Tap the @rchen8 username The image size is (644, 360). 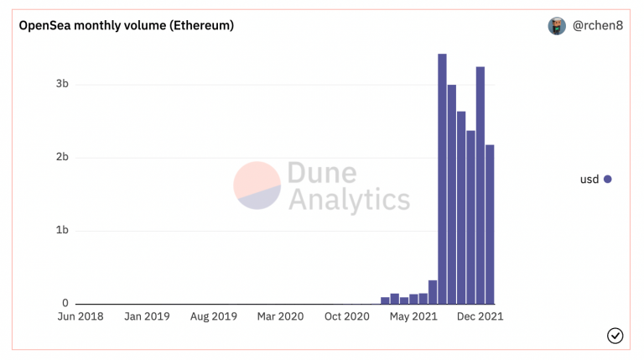click(598, 25)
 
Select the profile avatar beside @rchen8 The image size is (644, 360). click(557, 26)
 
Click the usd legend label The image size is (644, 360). click(589, 180)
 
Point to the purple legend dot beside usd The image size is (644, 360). click(608, 180)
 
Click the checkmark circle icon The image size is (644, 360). click(615, 336)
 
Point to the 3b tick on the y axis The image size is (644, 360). click(62, 84)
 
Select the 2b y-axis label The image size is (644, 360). click(62, 157)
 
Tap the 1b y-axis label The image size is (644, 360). click(62, 230)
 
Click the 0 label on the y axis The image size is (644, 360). click(65, 303)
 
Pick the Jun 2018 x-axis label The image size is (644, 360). click(80, 316)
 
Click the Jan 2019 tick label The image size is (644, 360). click(147, 316)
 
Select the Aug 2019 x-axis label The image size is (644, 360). click(214, 316)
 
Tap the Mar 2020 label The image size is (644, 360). click(281, 316)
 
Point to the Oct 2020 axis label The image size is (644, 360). click(347, 316)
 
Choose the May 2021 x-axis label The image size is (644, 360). click(413, 316)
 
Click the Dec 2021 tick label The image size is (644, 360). click(480, 316)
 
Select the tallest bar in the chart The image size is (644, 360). click(443, 179)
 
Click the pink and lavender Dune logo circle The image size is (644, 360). click(257, 185)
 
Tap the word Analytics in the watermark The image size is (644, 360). click(349, 200)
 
